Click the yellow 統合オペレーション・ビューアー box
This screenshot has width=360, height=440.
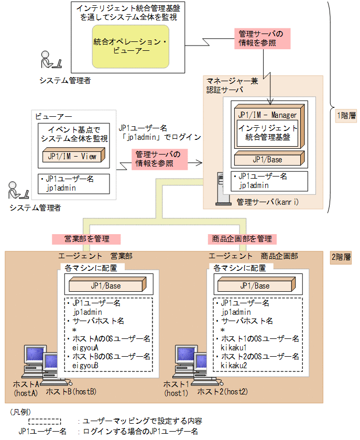pos(130,46)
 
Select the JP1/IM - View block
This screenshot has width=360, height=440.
pos(73,156)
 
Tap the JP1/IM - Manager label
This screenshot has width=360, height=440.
pos(267,115)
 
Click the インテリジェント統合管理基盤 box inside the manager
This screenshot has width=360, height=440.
pos(267,133)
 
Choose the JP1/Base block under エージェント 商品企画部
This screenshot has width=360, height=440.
pos(255,286)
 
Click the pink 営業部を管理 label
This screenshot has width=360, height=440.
pos(86,239)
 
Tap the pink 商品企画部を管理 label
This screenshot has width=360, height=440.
pos(241,239)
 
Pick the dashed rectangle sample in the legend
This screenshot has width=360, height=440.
pos(45,421)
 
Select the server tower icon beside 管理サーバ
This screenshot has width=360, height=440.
pos(220,189)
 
